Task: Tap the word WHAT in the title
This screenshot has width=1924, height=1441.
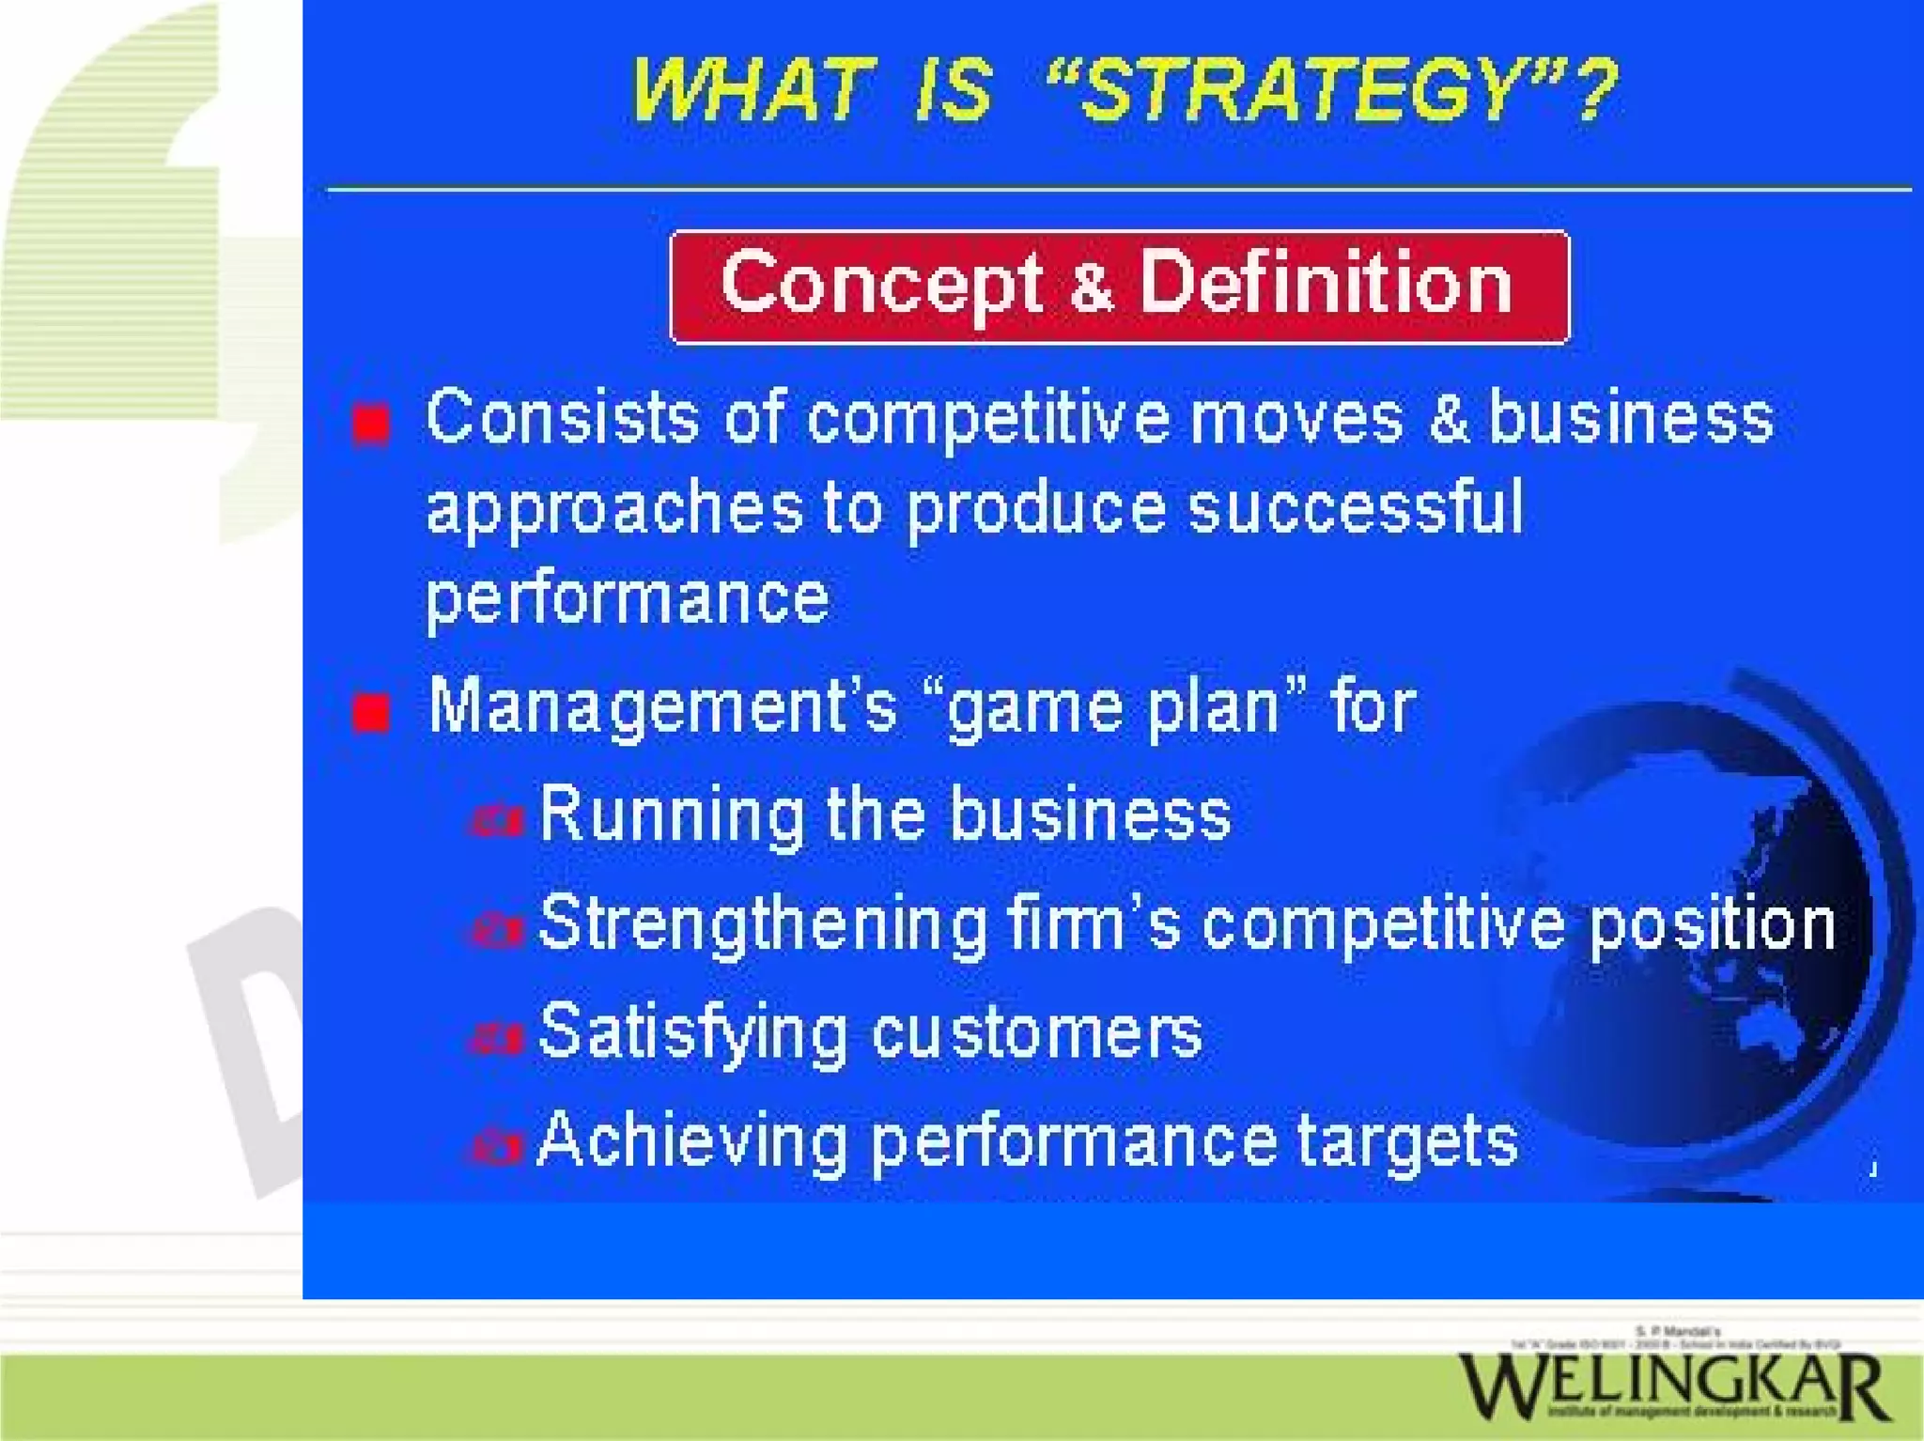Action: click(x=748, y=90)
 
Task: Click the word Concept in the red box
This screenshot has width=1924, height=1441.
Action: click(x=881, y=285)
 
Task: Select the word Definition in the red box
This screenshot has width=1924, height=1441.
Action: click(x=1326, y=283)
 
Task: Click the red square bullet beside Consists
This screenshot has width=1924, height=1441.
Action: click(x=372, y=424)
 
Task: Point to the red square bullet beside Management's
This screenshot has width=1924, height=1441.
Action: click(x=372, y=713)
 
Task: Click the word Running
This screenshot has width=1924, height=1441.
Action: click(x=671, y=816)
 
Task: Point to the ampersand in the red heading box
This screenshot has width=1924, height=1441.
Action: click(x=1091, y=287)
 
